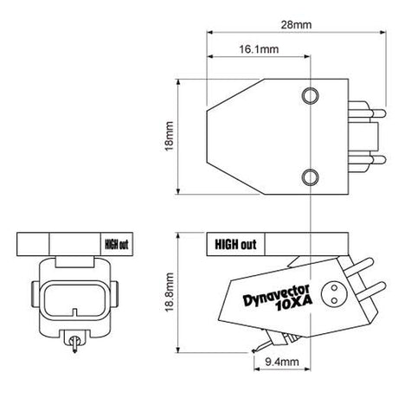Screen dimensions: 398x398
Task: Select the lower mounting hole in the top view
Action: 309,180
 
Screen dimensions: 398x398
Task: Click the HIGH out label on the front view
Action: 115,243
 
